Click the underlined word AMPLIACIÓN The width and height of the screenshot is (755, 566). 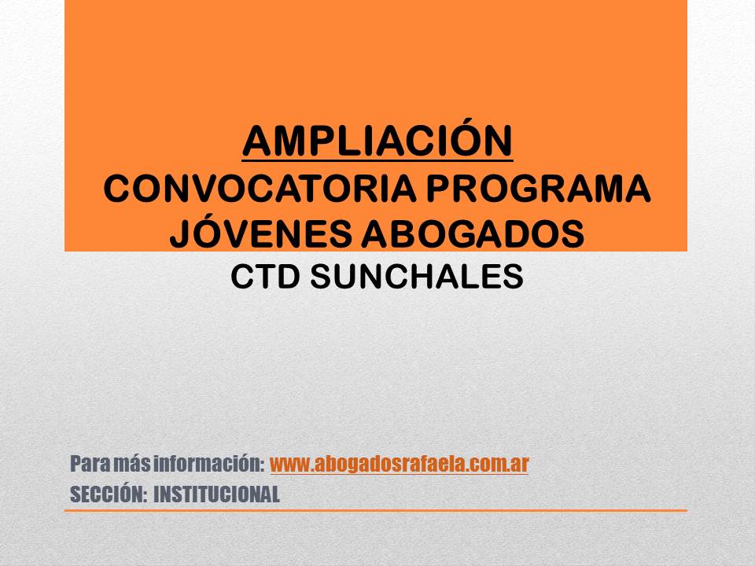pos(377,141)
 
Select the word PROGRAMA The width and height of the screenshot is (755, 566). pos(538,189)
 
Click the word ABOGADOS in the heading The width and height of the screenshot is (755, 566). pos(473,233)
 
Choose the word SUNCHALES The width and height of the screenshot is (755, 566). pos(417,277)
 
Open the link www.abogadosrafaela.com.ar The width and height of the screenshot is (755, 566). pos(400,464)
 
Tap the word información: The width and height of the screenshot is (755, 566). pos(209,464)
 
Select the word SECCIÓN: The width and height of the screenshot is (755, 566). pos(109,494)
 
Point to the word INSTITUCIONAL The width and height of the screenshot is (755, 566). pos(217,494)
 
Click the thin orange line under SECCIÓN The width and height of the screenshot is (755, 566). pos(376,511)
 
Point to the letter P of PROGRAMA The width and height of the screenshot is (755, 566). pos(438,189)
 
